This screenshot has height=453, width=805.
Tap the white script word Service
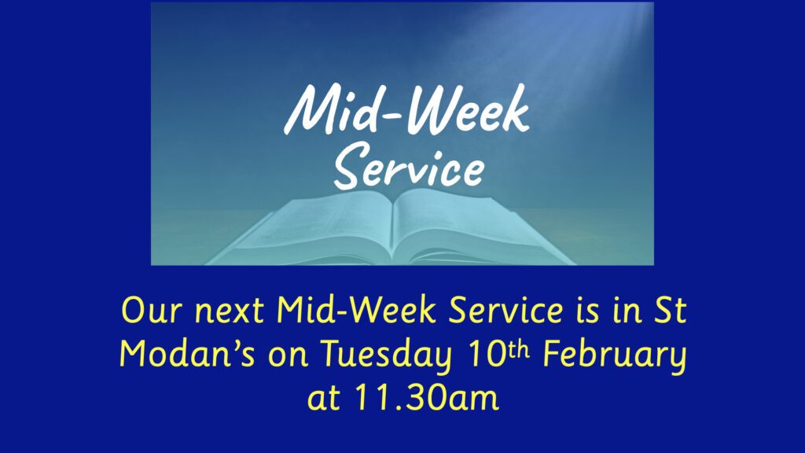[409, 165]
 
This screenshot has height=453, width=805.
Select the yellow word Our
[152, 310]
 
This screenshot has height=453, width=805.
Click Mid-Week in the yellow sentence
[356, 310]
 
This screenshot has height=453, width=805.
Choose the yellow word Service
[505, 310]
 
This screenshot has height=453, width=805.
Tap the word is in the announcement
[587, 311]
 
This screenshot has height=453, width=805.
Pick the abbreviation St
[670, 310]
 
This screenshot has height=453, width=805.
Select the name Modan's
[187, 353]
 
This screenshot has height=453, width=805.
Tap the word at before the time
[323, 397]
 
